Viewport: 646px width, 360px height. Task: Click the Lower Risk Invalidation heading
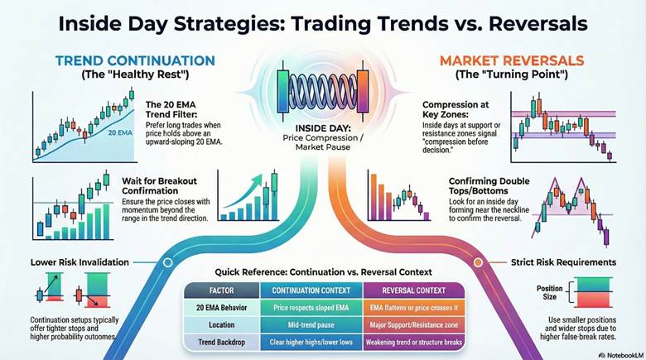click(79, 262)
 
